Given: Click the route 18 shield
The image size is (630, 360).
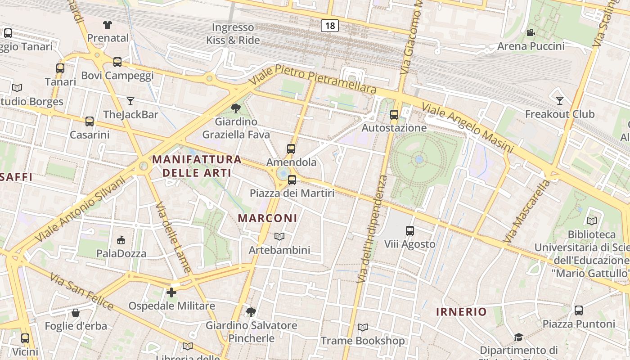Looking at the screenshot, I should coord(330,26).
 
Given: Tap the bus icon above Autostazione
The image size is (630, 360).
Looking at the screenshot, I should coord(394,115).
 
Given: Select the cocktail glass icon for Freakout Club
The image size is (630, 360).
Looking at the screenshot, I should coord(560,100).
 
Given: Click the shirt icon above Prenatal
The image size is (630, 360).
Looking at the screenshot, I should coord(108,24).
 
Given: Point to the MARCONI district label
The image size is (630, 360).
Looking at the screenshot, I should coord(267,218).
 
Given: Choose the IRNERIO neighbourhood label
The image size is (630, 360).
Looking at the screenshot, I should coord(461,311).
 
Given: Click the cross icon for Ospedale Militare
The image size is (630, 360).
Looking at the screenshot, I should coord(171,292).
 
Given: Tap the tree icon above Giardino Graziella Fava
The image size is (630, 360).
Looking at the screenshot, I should coord(235,108).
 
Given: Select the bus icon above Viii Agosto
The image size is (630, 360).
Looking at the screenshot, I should coord(409,231).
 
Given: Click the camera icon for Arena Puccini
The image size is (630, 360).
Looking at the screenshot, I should coord(531,32).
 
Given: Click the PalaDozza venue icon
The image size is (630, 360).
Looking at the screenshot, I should coord(121,240).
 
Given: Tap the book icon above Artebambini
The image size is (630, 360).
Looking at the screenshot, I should coord(279,237).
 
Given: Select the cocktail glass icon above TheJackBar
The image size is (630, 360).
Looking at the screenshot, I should coord(130,101).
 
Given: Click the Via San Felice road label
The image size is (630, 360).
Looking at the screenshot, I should coord(81,291).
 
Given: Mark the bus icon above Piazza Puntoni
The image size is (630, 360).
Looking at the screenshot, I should coord(578,310).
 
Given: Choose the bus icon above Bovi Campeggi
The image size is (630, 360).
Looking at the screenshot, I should coord(117,62).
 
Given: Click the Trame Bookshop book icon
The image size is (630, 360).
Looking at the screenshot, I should coord(362,328).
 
